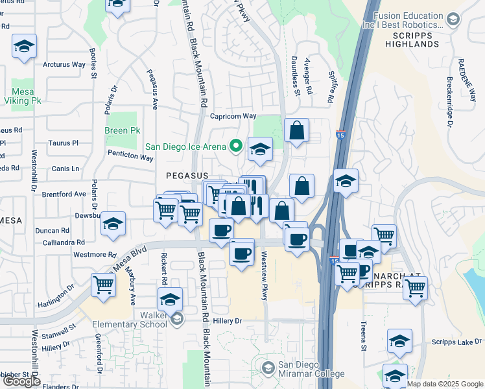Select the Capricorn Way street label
234,117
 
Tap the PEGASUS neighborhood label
187,176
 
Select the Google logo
21,381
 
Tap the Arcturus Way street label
64,65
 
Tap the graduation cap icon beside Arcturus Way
25,46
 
